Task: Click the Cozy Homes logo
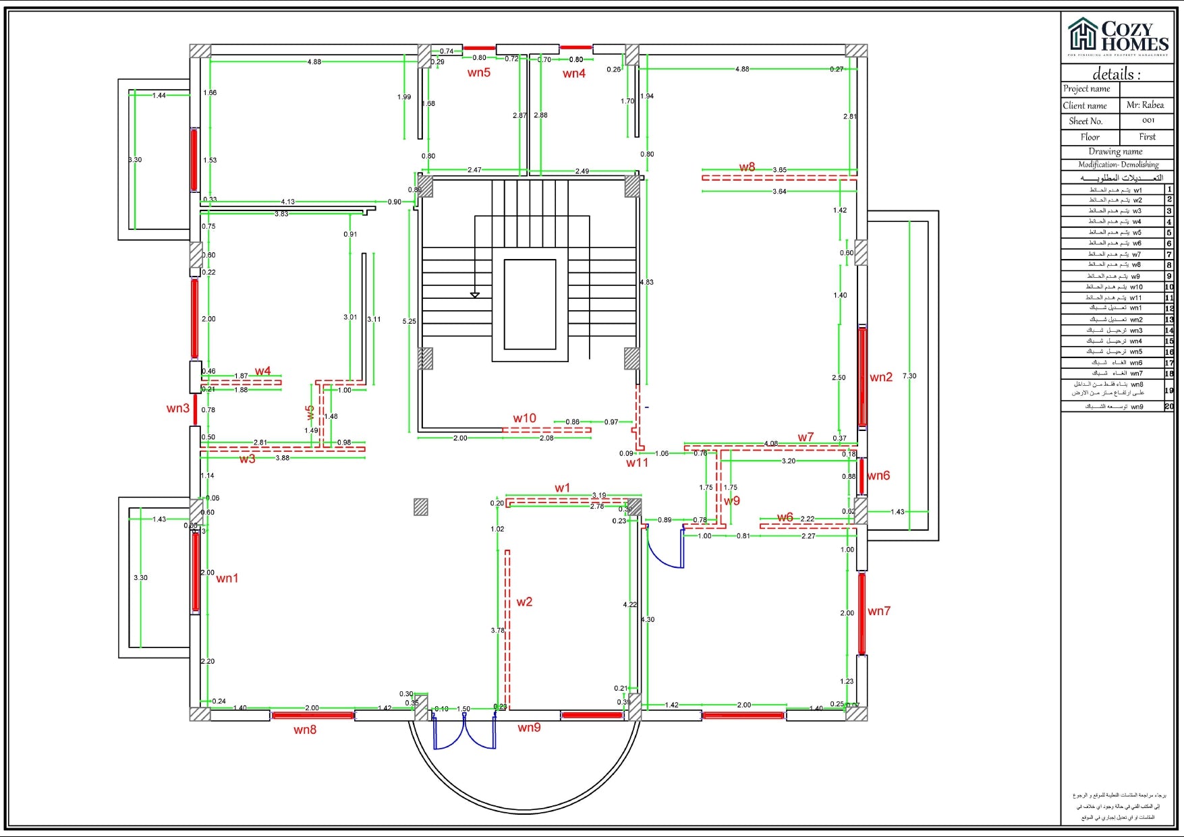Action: pyautogui.click(x=1117, y=36)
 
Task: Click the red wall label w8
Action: pyautogui.click(x=747, y=167)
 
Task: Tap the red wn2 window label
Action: pyautogui.click(x=881, y=377)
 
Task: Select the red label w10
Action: pyautogui.click(x=524, y=418)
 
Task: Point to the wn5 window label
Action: pyautogui.click(x=479, y=73)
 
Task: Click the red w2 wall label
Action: pyautogui.click(x=524, y=602)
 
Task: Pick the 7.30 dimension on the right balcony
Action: pyautogui.click(x=909, y=376)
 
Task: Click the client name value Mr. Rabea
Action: pyautogui.click(x=1145, y=105)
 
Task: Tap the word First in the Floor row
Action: pyautogui.click(x=1147, y=136)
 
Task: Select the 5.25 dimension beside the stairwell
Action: pyautogui.click(x=410, y=321)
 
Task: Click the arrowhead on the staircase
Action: pyautogui.click(x=475, y=295)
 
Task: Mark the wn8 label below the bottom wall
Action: pyautogui.click(x=305, y=729)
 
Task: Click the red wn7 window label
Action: pyautogui.click(x=879, y=611)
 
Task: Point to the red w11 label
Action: pyautogui.click(x=637, y=463)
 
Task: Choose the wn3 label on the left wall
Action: pyautogui.click(x=178, y=408)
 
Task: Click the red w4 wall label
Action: pyautogui.click(x=262, y=371)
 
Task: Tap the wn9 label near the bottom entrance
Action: pyautogui.click(x=529, y=727)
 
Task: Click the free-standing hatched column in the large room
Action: pyautogui.click(x=421, y=507)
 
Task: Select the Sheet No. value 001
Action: pyautogui.click(x=1148, y=121)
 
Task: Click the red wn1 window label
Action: pyautogui.click(x=227, y=578)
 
